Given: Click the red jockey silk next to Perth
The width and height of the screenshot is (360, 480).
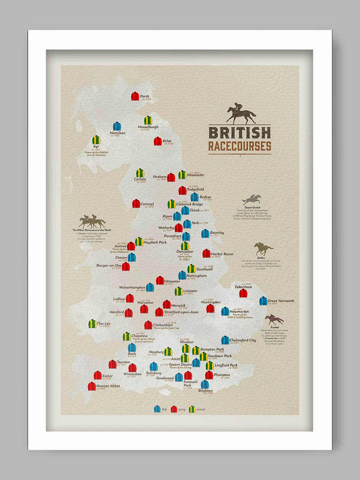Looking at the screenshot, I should pos(135,96).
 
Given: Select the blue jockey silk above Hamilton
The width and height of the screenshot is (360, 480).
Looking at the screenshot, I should pos(117,126).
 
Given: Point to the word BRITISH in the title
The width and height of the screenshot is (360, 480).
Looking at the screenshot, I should pos(240,132).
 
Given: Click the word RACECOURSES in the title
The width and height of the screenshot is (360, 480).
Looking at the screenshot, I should pos(240,146).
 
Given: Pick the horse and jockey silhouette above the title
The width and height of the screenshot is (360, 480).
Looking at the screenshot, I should pos(241,114).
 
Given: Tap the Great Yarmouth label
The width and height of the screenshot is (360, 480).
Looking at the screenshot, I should pos(281,301).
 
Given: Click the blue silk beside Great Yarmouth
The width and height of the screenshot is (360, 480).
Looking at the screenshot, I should pos(263,301).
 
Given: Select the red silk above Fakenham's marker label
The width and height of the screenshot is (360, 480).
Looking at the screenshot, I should pos(243,293).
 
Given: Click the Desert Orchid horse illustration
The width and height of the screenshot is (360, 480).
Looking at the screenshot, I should pos(252,200).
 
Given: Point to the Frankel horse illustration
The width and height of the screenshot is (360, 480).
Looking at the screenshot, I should pos(274,319).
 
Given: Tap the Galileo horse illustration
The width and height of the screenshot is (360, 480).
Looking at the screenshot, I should pos(264,249).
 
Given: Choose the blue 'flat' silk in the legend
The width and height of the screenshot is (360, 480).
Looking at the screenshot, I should pos(157,409).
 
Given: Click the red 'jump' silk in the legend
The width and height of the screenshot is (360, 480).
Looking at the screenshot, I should pos(174,409).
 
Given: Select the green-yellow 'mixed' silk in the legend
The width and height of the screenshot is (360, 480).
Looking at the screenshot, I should pos(192,409).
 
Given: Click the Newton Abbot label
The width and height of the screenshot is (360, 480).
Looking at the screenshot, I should pos(108,386).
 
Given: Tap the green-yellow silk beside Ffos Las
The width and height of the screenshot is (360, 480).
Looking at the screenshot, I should pos(92,324).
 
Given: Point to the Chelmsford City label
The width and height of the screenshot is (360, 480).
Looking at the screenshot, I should pos(243,340).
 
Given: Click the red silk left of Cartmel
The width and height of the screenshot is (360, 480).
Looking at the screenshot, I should pos(136,204).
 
